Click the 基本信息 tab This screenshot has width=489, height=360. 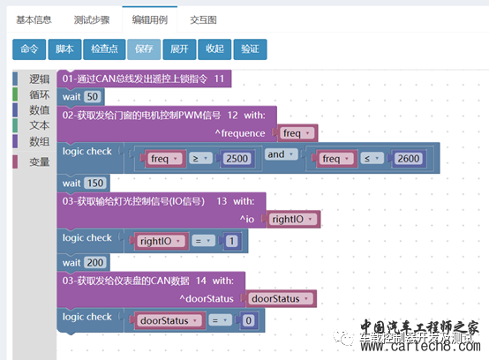(34, 19)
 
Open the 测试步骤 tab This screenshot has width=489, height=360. (93, 19)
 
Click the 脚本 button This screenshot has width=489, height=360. (64, 49)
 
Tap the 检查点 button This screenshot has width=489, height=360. (104, 49)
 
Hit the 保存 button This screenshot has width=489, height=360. (143, 49)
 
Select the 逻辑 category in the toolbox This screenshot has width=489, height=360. (39, 79)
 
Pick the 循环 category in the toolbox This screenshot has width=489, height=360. (39, 94)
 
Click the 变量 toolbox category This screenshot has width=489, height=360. (39, 161)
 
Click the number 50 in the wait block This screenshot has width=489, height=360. (94, 95)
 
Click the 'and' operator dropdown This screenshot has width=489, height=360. (279, 154)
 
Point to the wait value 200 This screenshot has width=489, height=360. (95, 263)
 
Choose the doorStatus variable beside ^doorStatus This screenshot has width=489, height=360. (277, 298)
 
